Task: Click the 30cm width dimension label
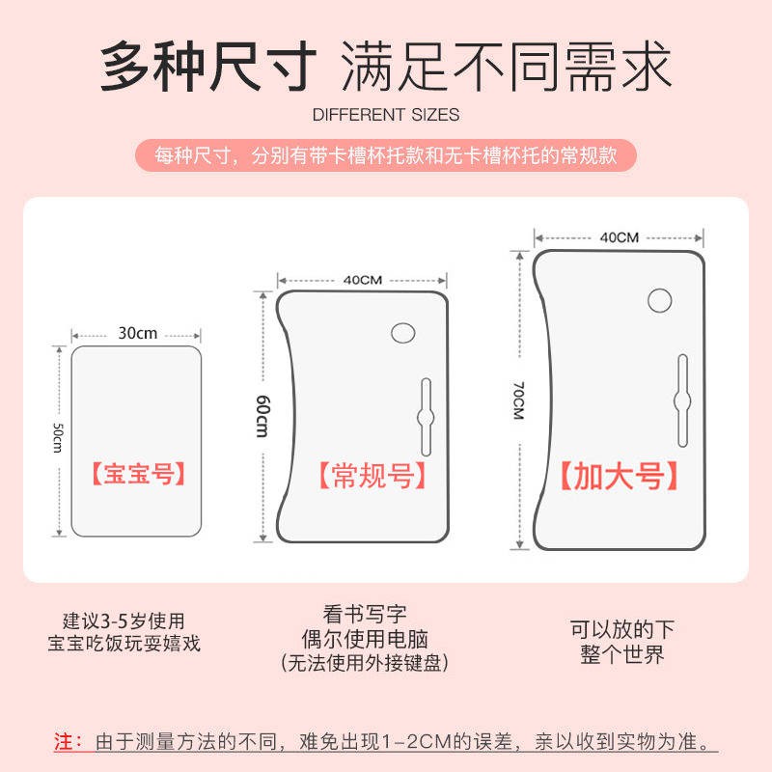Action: tap(137, 333)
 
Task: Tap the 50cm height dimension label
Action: tap(58, 438)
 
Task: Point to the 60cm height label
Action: tap(262, 416)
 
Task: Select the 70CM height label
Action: tap(519, 400)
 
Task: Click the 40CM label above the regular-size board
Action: tap(363, 280)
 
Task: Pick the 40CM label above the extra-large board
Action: tap(620, 237)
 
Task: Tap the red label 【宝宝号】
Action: tap(138, 474)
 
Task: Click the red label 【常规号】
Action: tap(372, 476)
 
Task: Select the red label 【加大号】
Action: tap(620, 476)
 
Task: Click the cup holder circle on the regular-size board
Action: tap(402, 333)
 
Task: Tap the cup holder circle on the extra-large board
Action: tap(660, 300)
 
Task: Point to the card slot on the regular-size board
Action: tap(426, 417)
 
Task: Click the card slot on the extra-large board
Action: tap(682, 400)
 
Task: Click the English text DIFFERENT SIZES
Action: tap(386, 115)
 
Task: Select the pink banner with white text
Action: tap(386, 155)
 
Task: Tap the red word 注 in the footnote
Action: tap(64, 741)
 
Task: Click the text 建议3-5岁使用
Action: tap(124, 620)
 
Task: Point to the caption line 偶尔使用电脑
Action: tap(365, 639)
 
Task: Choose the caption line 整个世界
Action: tap(621, 654)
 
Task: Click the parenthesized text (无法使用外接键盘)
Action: tap(365, 663)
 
